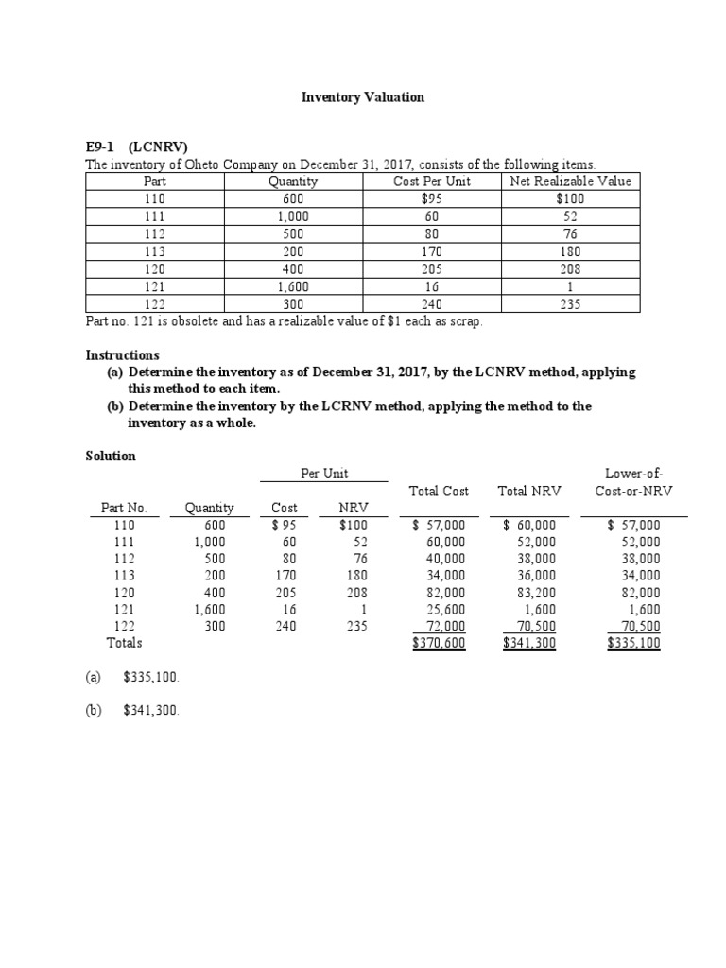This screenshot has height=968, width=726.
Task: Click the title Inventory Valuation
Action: point(362,97)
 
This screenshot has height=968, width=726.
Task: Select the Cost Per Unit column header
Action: point(431,181)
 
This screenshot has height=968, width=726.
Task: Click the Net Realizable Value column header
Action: point(570,181)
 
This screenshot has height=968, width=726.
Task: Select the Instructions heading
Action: point(122,354)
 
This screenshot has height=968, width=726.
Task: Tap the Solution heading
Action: point(111,456)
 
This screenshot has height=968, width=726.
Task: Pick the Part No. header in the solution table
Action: point(124,509)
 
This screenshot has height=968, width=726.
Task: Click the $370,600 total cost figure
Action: point(440,643)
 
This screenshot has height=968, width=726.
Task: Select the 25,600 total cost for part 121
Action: point(445,610)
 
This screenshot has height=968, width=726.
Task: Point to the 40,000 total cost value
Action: point(445,559)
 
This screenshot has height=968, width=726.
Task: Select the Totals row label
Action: point(124,643)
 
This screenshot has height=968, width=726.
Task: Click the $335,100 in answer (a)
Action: point(151,678)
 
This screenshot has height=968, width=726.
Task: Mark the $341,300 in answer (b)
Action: point(151,712)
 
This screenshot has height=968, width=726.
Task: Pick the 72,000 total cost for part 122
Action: point(445,626)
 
